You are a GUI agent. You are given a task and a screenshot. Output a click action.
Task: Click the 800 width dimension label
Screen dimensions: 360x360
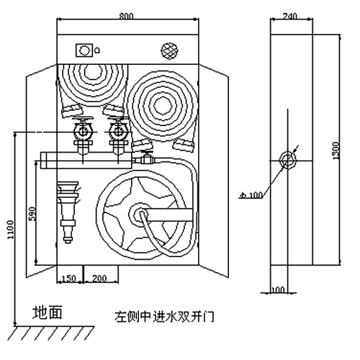point(126,16)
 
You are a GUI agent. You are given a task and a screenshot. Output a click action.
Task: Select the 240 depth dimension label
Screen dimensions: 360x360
point(289,16)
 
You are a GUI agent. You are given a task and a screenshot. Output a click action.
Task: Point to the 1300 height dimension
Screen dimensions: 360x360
point(337,150)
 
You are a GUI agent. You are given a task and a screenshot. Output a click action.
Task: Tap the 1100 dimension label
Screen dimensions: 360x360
point(11,230)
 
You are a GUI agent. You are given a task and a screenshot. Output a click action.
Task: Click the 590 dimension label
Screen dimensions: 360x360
point(32,214)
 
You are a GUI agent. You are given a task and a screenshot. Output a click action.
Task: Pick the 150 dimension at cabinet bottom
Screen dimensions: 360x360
point(69,279)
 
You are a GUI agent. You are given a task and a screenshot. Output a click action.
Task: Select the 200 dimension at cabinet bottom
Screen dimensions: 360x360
point(99,279)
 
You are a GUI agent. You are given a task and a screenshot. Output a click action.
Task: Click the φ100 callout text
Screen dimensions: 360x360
point(251,195)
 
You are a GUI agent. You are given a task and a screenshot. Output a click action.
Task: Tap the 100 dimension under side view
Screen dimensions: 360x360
point(279,290)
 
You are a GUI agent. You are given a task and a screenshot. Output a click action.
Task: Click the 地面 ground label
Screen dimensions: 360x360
point(48,312)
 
